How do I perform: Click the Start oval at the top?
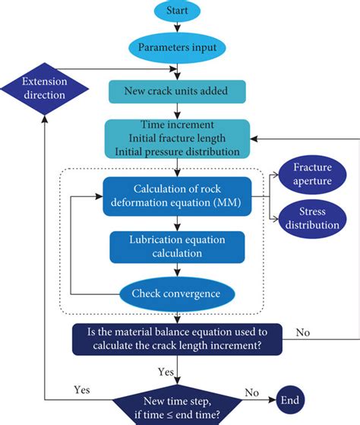coord(178,13)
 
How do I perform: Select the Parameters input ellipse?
coord(178,46)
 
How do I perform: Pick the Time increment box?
coord(178,138)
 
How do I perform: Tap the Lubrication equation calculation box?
coord(178,247)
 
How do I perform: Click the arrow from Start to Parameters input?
coord(178,28)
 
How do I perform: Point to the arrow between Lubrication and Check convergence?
coord(178,271)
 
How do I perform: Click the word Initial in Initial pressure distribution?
coord(134,151)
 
